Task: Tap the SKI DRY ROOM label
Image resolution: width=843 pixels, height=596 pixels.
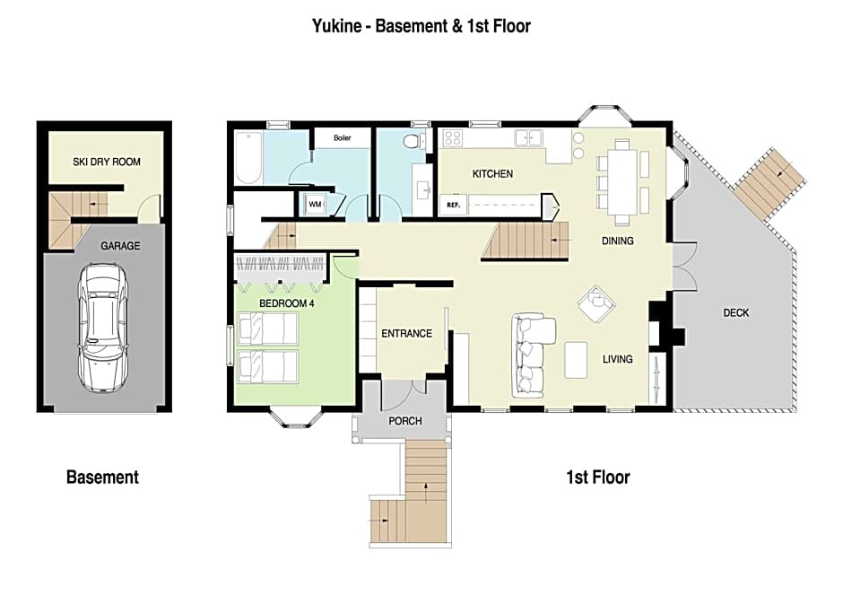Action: pyautogui.click(x=107, y=162)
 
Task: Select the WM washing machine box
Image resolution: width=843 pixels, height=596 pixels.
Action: pyautogui.click(x=315, y=205)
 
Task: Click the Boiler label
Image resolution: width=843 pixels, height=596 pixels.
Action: pyautogui.click(x=342, y=137)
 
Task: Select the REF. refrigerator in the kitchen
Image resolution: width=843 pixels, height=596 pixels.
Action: pyautogui.click(x=453, y=205)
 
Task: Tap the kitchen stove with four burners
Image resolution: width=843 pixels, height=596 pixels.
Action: pyautogui.click(x=452, y=139)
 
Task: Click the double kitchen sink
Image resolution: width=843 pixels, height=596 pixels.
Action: pyautogui.click(x=528, y=137)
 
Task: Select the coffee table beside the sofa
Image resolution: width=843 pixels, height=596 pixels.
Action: pyautogui.click(x=576, y=360)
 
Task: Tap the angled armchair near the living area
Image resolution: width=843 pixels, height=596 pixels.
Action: pyautogui.click(x=595, y=303)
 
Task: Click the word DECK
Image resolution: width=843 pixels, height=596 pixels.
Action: pyautogui.click(x=735, y=312)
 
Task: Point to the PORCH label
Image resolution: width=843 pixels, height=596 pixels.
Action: pyautogui.click(x=404, y=421)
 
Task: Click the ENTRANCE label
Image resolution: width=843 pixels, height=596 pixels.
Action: pyautogui.click(x=406, y=334)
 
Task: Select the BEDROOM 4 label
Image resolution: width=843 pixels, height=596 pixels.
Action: pyautogui.click(x=287, y=303)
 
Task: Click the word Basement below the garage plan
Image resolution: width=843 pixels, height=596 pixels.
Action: pyautogui.click(x=102, y=478)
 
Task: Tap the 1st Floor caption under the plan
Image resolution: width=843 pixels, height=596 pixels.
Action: pyautogui.click(x=598, y=478)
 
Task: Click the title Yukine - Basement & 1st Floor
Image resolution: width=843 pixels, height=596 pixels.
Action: pyautogui.click(x=421, y=26)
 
